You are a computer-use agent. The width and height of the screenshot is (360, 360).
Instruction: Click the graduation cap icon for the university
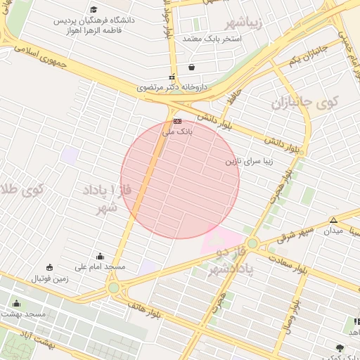click(x=94, y=10)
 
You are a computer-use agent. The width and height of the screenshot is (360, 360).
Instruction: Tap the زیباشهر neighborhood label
click(x=245, y=22)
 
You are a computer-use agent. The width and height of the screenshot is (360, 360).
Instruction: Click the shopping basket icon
click(x=191, y=67)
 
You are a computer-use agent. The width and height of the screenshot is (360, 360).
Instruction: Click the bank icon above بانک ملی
click(x=177, y=121)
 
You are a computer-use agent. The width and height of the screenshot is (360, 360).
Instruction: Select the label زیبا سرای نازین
click(x=248, y=161)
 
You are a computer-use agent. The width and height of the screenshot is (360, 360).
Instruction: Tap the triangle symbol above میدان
click(x=334, y=220)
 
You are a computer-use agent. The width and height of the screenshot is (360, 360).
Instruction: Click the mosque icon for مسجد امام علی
click(x=100, y=257)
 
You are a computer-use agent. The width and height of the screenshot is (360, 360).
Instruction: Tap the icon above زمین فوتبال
click(x=49, y=267)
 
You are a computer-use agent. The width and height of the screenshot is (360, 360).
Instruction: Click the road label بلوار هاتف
click(x=143, y=307)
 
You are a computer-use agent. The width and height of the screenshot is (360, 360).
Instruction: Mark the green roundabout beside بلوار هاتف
click(x=114, y=288)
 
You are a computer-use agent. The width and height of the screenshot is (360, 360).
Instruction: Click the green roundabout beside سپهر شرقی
click(x=252, y=244)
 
